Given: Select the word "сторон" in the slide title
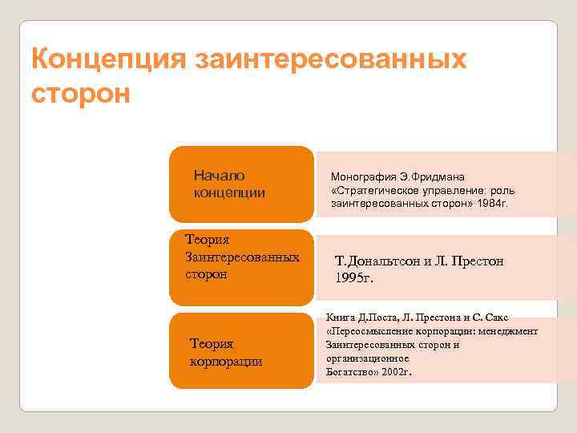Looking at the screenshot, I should [x=79, y=92].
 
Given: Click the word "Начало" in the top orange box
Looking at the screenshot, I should [x=219, y=176].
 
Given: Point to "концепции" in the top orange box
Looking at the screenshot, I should [x=229, y=193].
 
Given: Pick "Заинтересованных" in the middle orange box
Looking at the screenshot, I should [x=242, y=257].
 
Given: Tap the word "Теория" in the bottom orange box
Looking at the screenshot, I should [x=212, y=344].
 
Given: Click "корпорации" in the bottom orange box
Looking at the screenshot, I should [x=226, y=361].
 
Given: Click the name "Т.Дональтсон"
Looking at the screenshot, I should [x=381, y=261].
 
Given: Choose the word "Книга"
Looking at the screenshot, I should [x=341, y=318].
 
